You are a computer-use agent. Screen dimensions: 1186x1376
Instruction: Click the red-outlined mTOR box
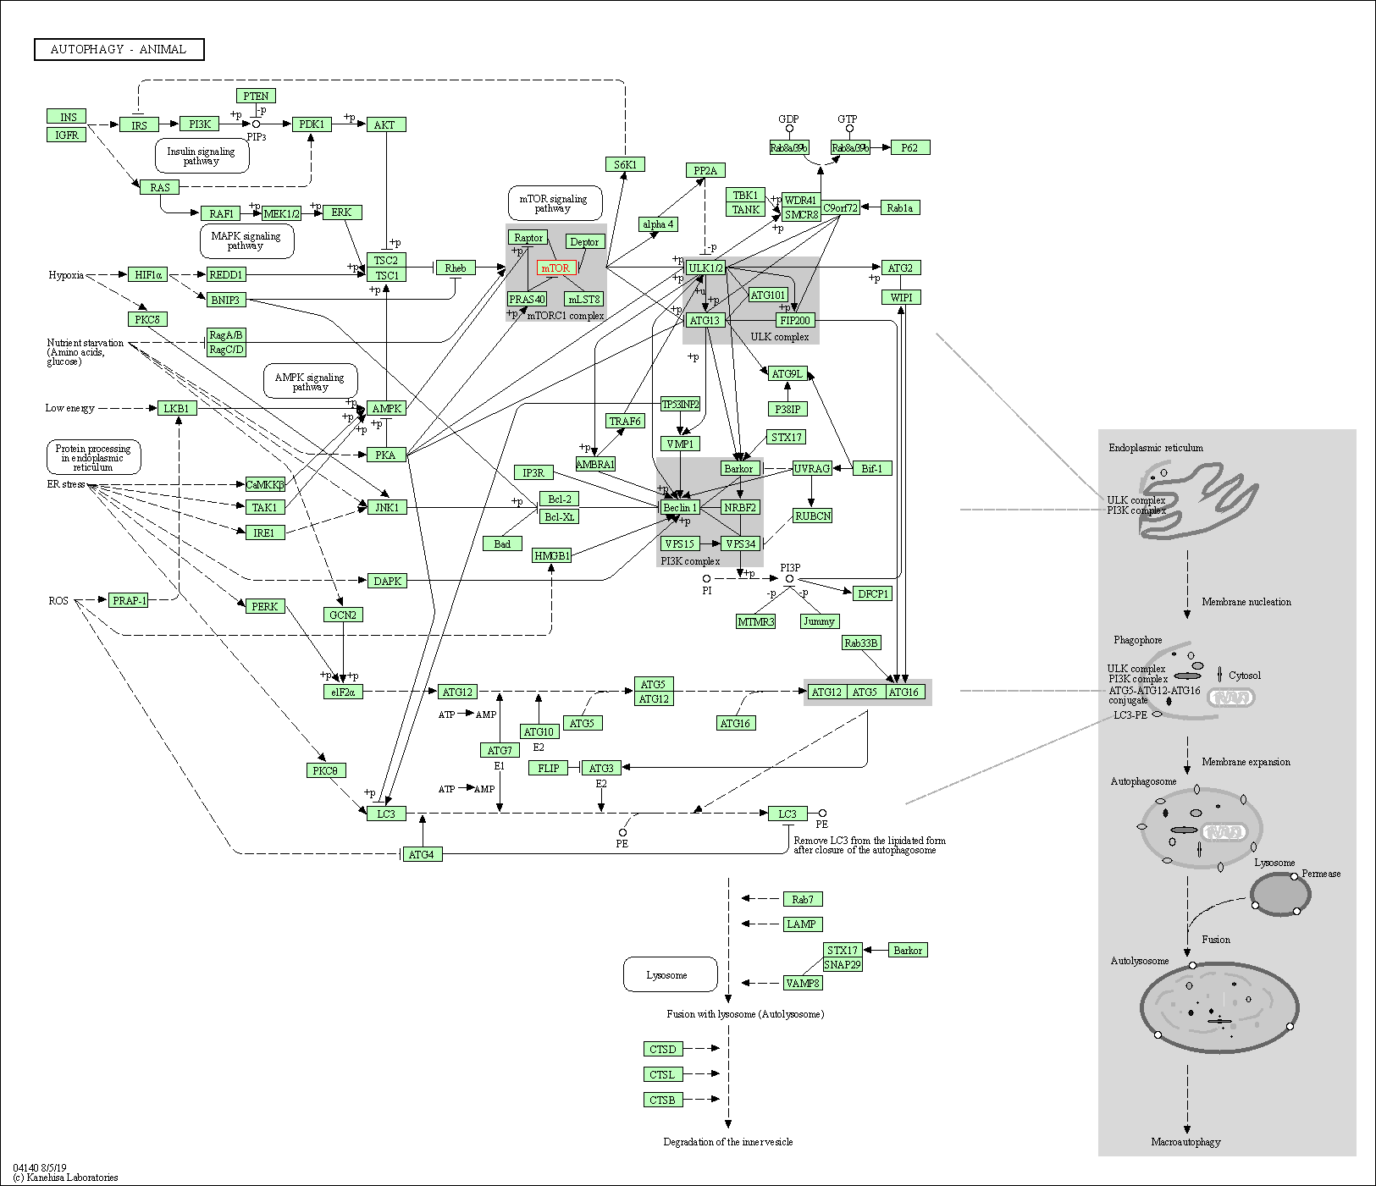click(556, 268)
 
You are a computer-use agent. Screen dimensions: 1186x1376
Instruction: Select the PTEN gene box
click(256, 97)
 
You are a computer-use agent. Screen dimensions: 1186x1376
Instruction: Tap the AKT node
click(385, 124)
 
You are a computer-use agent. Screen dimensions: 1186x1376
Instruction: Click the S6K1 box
click(625, 164)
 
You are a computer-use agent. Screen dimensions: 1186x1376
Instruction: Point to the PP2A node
click(705, 171)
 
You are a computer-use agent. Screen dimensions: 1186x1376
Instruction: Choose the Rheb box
click(456, 268)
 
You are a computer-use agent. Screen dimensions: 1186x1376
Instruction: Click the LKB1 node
click(176, 408)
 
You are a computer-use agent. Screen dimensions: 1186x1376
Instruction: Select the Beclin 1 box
click(680, 507)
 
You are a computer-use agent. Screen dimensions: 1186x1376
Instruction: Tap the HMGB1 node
click(552, 555)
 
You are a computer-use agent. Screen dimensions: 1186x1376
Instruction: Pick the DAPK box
click(387, 581)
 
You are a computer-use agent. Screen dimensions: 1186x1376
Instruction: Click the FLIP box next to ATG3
click(549, 768)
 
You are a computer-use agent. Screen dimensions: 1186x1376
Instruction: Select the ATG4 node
click(421, 854)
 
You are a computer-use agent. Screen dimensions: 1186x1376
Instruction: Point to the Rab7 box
click(802, 899)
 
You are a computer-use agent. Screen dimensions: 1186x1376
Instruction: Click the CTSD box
click(662, 1049)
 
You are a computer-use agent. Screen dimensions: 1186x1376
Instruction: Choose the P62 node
click(909, 147)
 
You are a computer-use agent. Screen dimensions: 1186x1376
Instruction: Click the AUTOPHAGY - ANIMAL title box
click(119, 50)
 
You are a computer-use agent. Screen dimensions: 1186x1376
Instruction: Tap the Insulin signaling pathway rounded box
click(202, 156)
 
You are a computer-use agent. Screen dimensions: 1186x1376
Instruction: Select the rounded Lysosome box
click(669, 975)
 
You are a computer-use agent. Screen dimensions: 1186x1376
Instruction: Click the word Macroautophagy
click(1185, 1142)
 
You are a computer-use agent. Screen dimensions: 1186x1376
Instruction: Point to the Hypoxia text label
click(66, 275)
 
